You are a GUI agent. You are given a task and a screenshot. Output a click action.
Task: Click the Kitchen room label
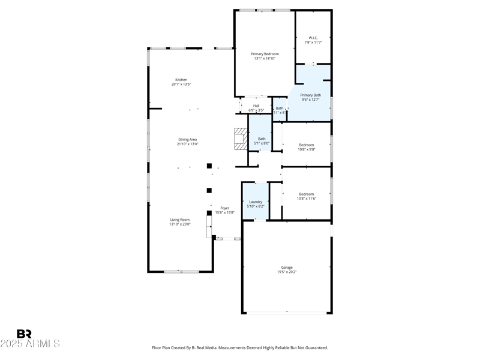(181, 80)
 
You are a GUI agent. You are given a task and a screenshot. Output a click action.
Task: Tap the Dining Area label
(187, 140)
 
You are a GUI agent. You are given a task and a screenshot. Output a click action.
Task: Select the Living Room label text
(180, 220)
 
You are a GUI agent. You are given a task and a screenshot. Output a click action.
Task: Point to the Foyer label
(224, 208)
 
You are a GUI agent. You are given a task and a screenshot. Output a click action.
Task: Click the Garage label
(287, 268)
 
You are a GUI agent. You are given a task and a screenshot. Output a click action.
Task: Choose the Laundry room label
(256, 202)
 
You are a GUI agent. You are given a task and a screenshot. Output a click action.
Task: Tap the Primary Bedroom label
(265, 54)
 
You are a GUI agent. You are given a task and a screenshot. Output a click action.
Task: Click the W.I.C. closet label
(313, 38)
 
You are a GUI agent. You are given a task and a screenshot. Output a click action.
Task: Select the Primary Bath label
(310, 95)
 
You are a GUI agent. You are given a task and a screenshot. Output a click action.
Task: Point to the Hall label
(256, 106)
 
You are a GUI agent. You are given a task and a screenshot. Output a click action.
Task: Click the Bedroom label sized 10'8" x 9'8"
(307, 145)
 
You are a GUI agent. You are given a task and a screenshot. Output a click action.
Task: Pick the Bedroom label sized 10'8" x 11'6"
(307, 194)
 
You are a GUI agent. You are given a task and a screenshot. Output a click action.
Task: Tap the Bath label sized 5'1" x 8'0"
(262, 139)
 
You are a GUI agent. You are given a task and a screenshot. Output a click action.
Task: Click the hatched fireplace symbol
(241, 139)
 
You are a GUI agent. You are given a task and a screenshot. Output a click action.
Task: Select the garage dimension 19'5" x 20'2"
(287, 272)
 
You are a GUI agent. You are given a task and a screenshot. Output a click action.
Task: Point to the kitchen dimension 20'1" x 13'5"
(181, 85)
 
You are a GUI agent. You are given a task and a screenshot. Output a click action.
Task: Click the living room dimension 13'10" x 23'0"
(180, 224)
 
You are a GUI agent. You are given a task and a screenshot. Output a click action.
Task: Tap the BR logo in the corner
(24, 334)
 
